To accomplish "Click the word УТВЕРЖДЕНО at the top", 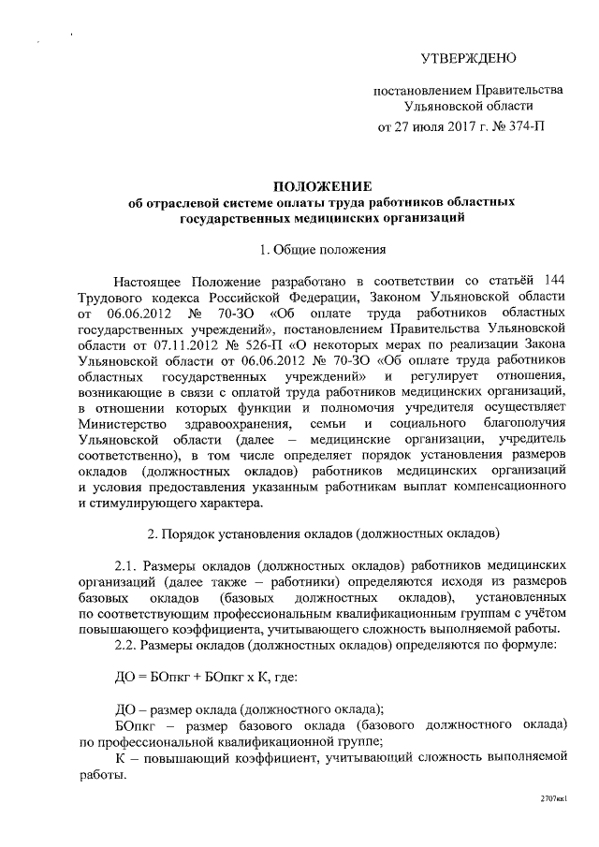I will pos(468,59).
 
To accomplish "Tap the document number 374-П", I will pos(525,124).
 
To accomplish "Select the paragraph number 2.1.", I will pos(125,566).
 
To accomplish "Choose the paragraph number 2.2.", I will pos(125,645).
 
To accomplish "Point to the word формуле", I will pos(533,645).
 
